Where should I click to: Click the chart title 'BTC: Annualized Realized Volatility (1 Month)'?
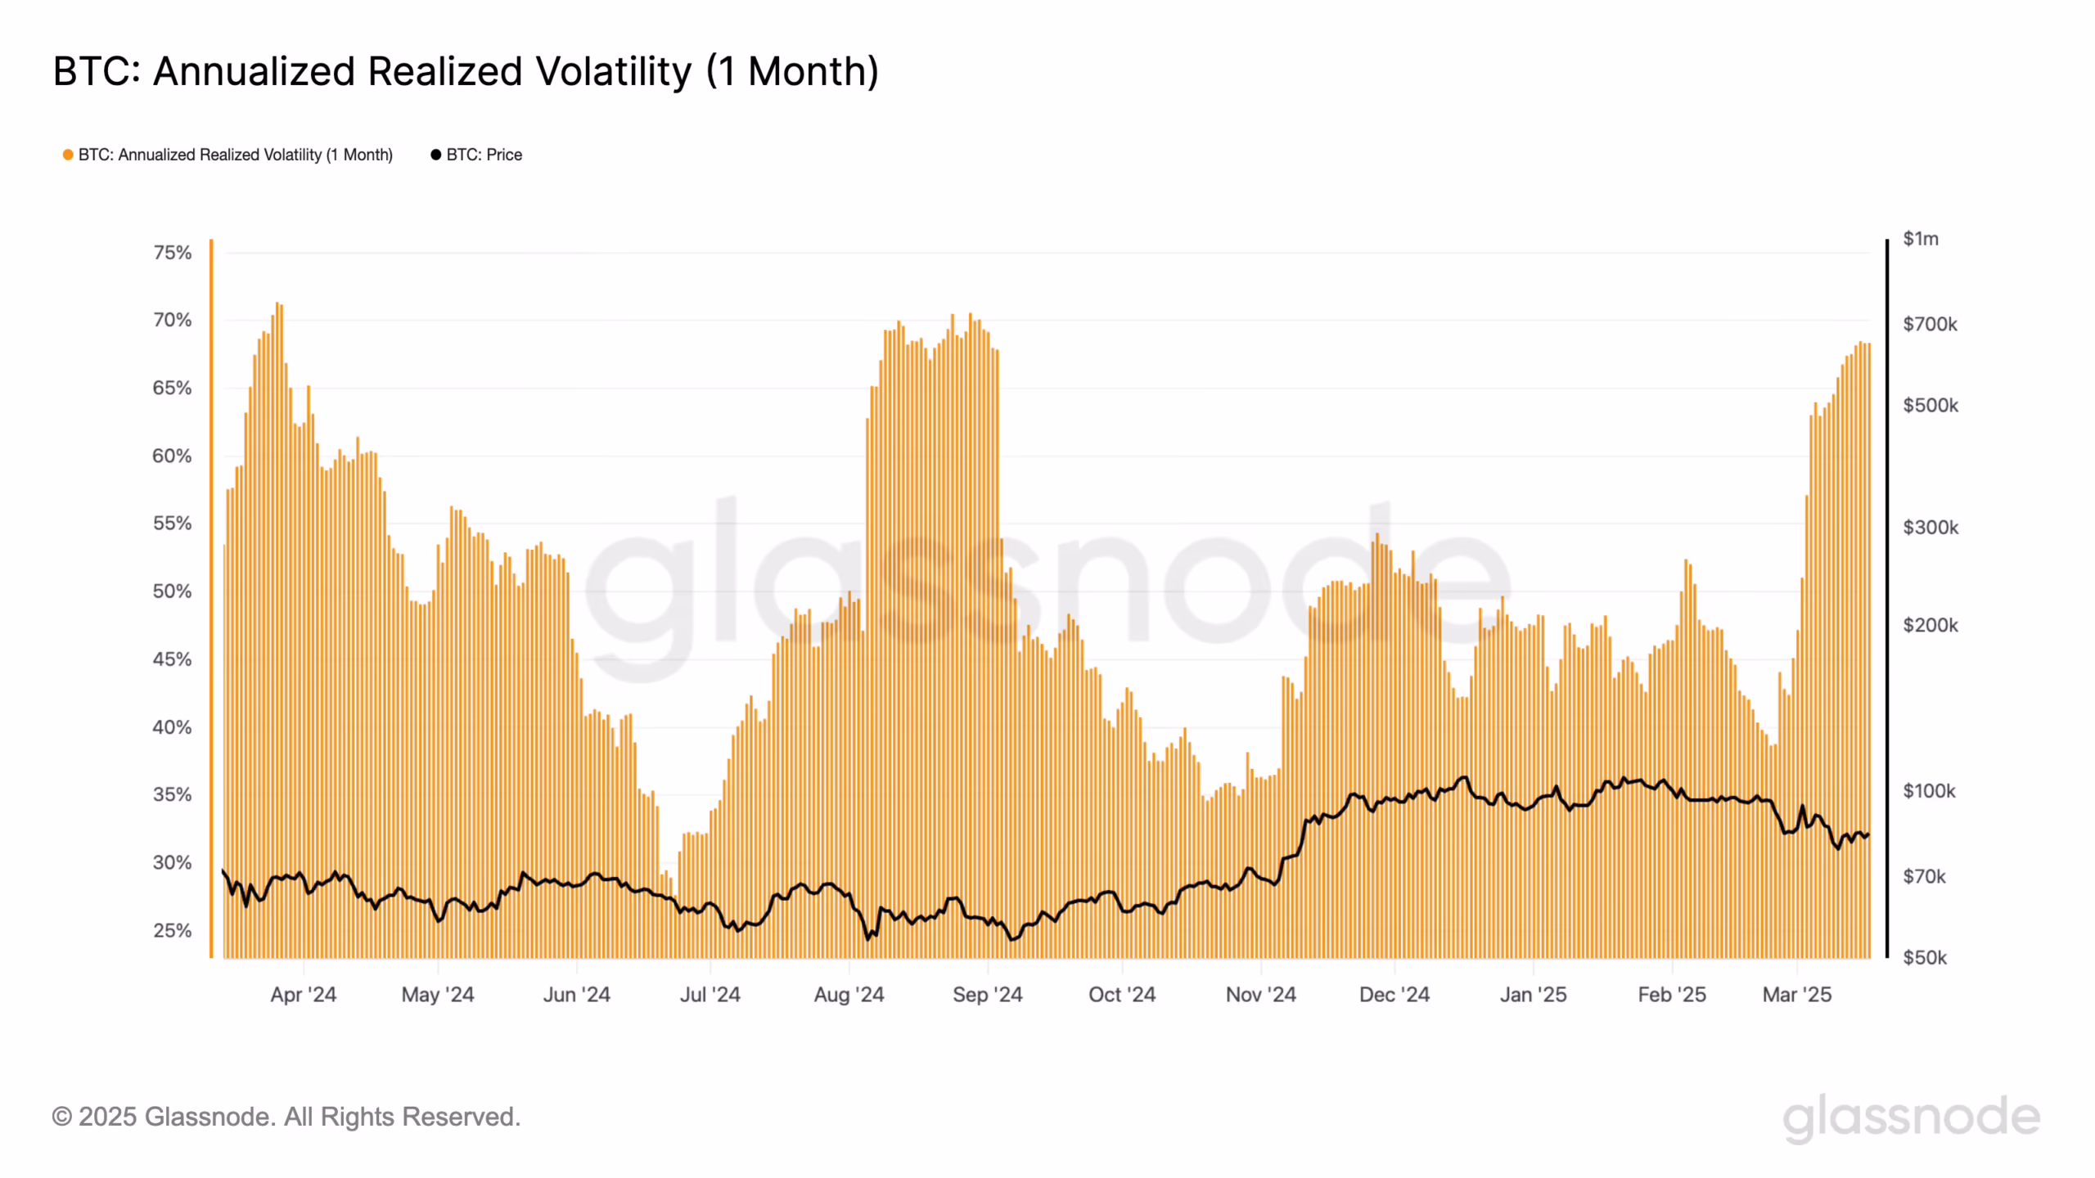466,71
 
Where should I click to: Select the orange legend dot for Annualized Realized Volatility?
68,155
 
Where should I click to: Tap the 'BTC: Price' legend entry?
483,155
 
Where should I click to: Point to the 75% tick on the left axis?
172,253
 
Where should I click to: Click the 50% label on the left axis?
172,591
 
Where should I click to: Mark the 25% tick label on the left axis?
172,930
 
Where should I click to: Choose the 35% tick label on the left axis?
172,794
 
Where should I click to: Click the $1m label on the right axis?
1920,239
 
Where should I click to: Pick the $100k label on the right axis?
1929,791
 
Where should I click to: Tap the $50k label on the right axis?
1925,958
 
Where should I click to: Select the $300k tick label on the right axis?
1931,528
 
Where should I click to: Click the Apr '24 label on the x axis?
303,995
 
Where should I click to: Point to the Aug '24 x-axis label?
849,995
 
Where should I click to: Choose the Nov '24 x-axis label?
1260,995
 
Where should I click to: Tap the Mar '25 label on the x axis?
1796,995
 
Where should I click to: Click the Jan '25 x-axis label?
1533,995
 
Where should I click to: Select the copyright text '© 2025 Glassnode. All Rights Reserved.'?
286,1117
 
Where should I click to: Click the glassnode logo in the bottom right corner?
1911,1117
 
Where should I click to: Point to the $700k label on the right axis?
1930,325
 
